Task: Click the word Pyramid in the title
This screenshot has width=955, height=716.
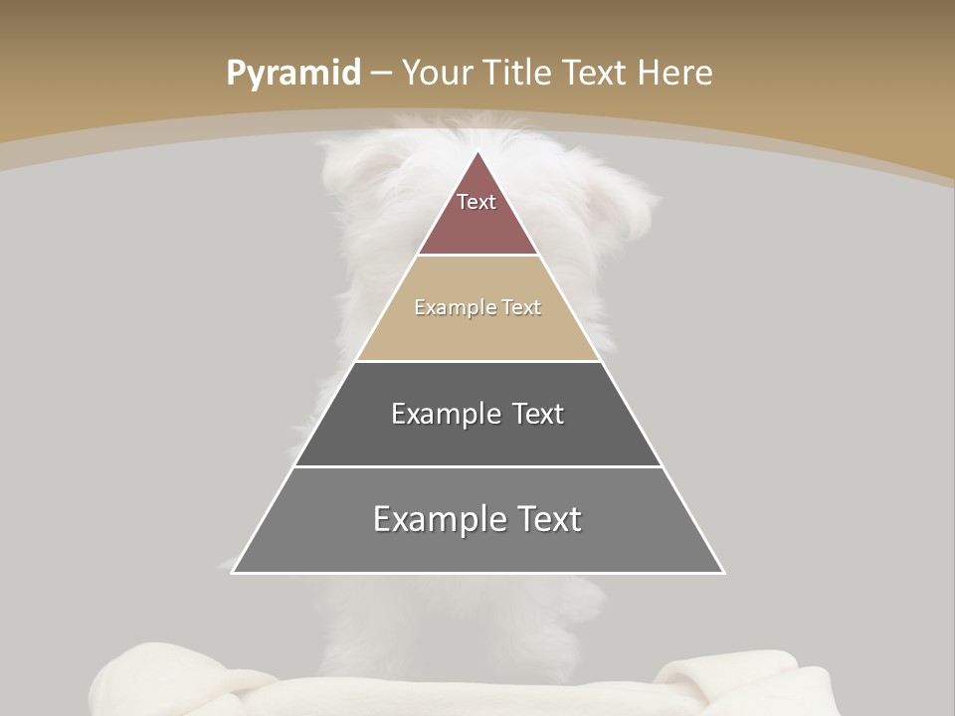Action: click(293, 74)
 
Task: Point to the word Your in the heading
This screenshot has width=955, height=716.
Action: click(439, 73)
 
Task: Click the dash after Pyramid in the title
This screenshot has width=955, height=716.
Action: click(381, 74)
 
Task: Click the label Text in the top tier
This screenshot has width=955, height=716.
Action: click(477, 202)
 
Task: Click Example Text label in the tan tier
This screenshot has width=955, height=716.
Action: click(477, 307)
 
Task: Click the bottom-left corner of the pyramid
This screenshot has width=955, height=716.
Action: click(234, 572)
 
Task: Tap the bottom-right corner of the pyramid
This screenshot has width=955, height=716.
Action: click(723, 572)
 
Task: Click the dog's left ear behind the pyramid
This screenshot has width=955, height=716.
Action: click(348, 169)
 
